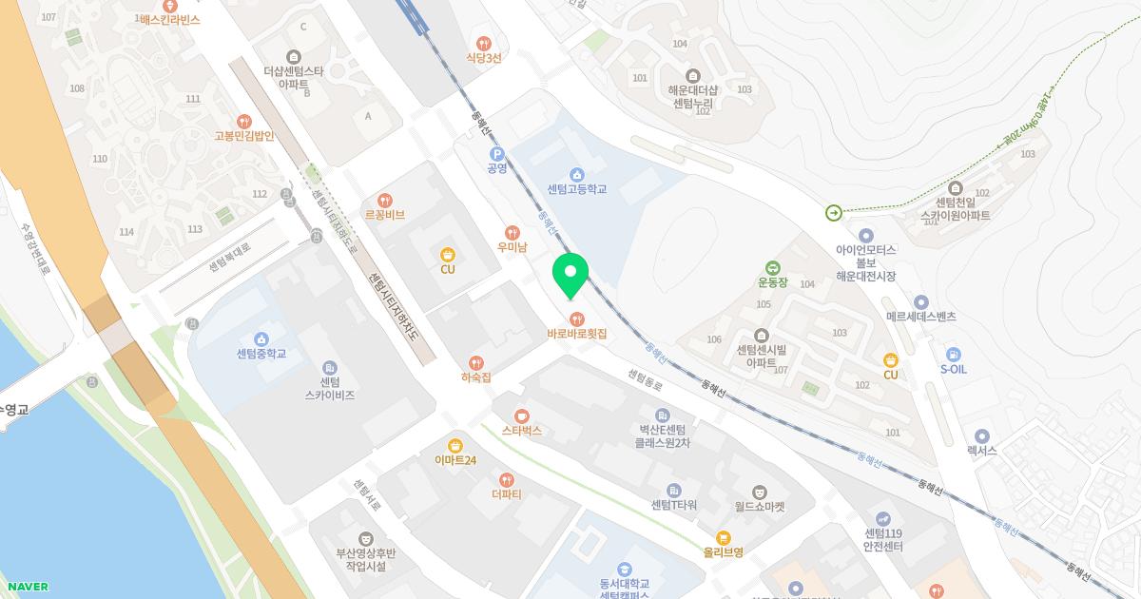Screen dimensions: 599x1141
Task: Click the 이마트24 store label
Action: [455, 460]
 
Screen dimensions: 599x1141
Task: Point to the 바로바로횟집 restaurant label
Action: [576, 335]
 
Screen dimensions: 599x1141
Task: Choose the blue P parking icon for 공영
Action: [495, 154]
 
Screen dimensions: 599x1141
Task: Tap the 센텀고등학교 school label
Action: [576, 189]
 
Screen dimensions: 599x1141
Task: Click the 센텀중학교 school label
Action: [261, 354]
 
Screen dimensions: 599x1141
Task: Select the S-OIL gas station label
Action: [953, 369]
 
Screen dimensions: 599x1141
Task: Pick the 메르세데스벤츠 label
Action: [920, 316]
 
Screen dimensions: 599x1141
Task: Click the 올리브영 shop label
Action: [723, 551]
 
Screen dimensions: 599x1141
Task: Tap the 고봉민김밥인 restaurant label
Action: [244, 135]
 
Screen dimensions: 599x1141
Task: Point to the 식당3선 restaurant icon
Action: [484, 43]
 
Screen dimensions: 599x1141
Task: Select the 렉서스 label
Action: [981, 451]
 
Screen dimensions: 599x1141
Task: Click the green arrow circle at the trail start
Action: [834, 213]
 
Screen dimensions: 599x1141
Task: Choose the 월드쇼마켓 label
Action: [760, 506]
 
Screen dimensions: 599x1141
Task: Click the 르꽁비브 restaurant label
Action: [384, 215]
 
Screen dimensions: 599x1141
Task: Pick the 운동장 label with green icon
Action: [773, 281]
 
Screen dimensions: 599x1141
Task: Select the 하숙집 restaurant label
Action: [475, 377]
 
